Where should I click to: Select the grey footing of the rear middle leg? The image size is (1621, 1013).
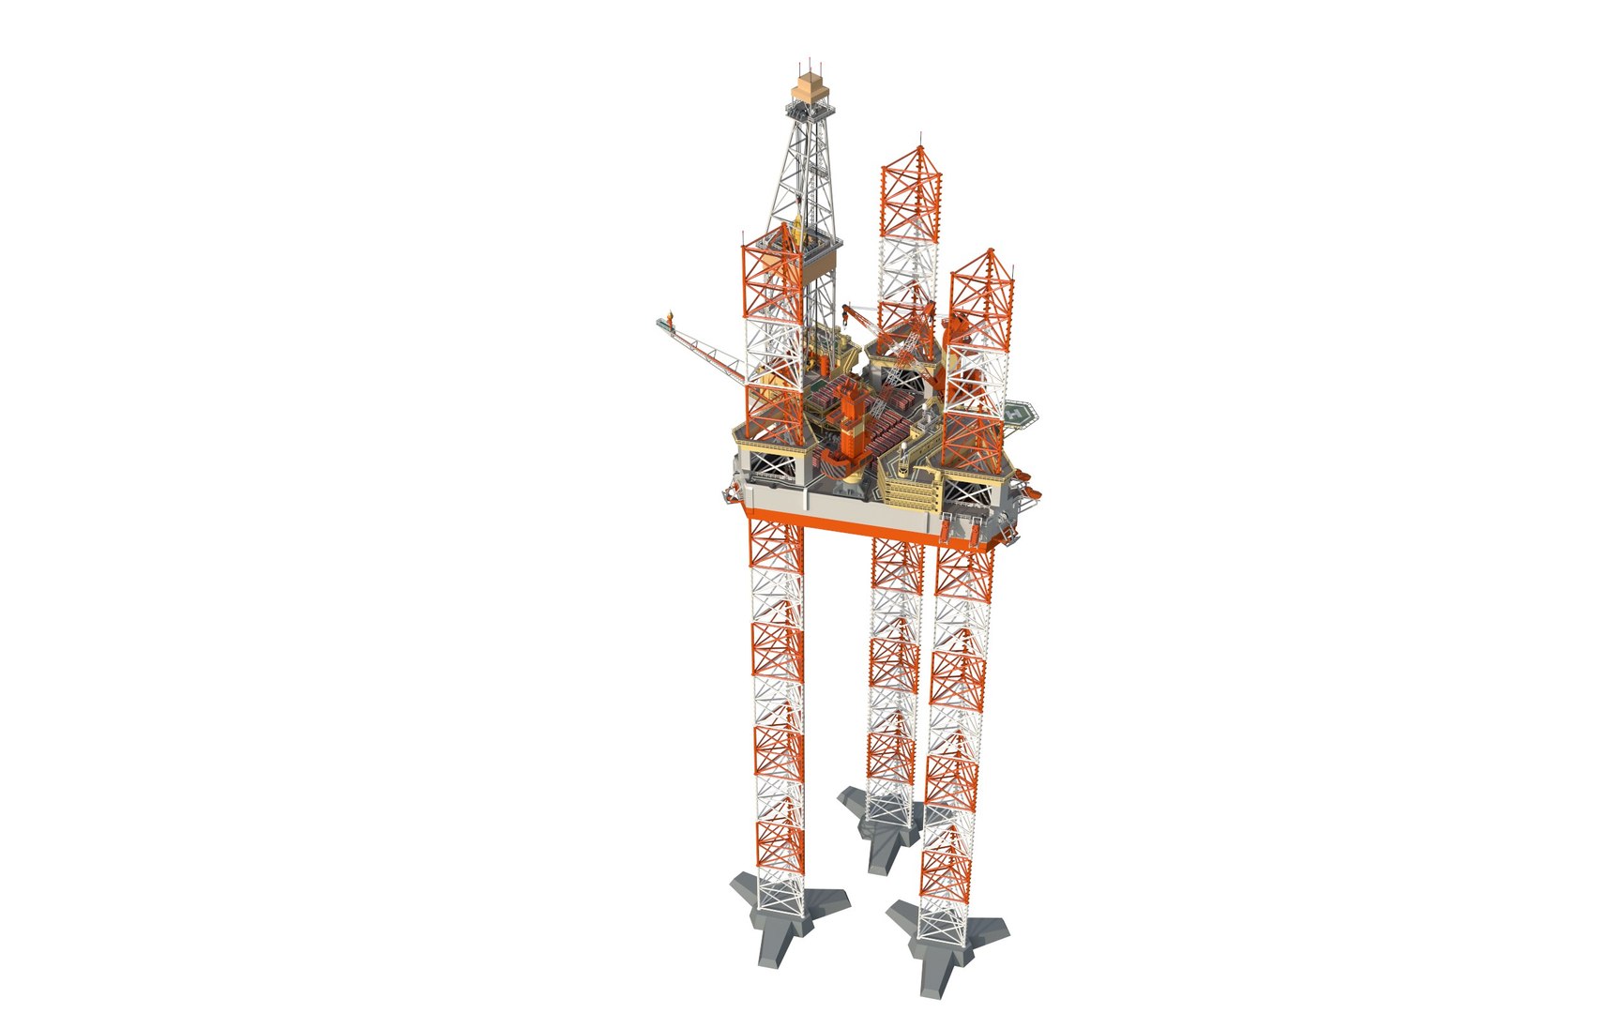click(876, 817)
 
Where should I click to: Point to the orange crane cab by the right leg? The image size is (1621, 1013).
click(957, 328)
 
